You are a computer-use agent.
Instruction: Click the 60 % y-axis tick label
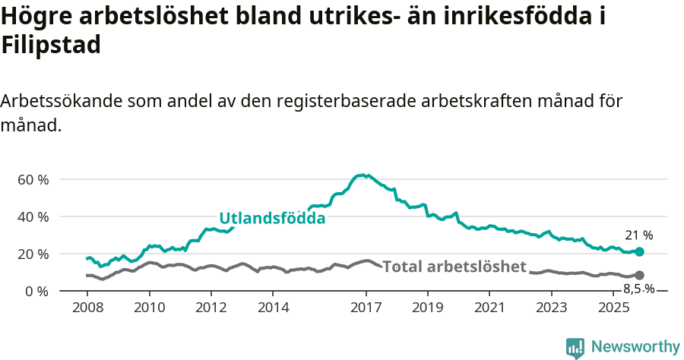[33, 180]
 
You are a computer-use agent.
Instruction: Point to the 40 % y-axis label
[33, 217]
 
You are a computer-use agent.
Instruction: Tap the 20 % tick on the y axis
[33, 254]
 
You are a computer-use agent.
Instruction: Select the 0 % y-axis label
[36, 291]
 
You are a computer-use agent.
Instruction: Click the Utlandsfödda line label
[272, 219]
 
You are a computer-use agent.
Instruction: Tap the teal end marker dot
[639, 251]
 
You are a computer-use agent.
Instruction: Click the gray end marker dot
[639, 275]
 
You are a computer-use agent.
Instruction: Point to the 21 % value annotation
[638, 235]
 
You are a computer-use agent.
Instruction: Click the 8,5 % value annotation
[638, 289]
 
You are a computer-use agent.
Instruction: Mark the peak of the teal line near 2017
[363, 175]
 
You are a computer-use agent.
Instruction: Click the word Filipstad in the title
[51, 45]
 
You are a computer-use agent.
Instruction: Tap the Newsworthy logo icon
[575, 347]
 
